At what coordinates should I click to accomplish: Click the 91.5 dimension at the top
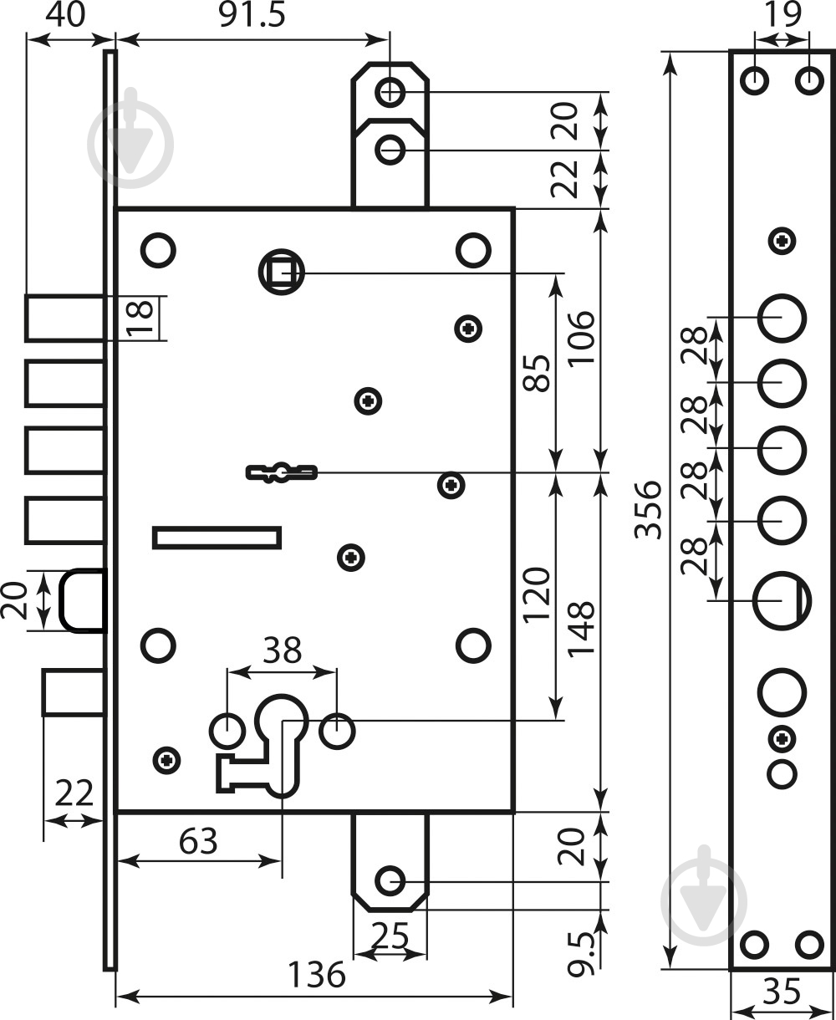click(x=252, y=16)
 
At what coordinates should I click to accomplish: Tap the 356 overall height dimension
click(x=648, y=510)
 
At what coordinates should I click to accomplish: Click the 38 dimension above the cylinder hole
click(x=283, y=650)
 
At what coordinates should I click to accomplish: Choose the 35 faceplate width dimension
click(x=782, y=991)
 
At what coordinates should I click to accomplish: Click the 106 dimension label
click(x=581, y=339)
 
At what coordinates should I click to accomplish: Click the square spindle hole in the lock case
click(x=282, y=272)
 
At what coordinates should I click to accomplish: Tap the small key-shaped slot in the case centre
click(x=282, y=472)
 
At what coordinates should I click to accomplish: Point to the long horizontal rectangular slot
click(x=217, y=538)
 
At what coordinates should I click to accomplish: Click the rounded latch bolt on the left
click(x=82, y=600)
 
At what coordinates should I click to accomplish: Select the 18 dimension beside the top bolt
click(x=140, y=319)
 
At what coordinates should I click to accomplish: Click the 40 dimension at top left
click(x=65, y=16)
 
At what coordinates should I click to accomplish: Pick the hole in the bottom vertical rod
click(x=390, y=880)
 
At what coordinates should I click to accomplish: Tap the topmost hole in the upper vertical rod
click(x=390, y=92)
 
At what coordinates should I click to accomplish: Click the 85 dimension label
click(x=538, y=373)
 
